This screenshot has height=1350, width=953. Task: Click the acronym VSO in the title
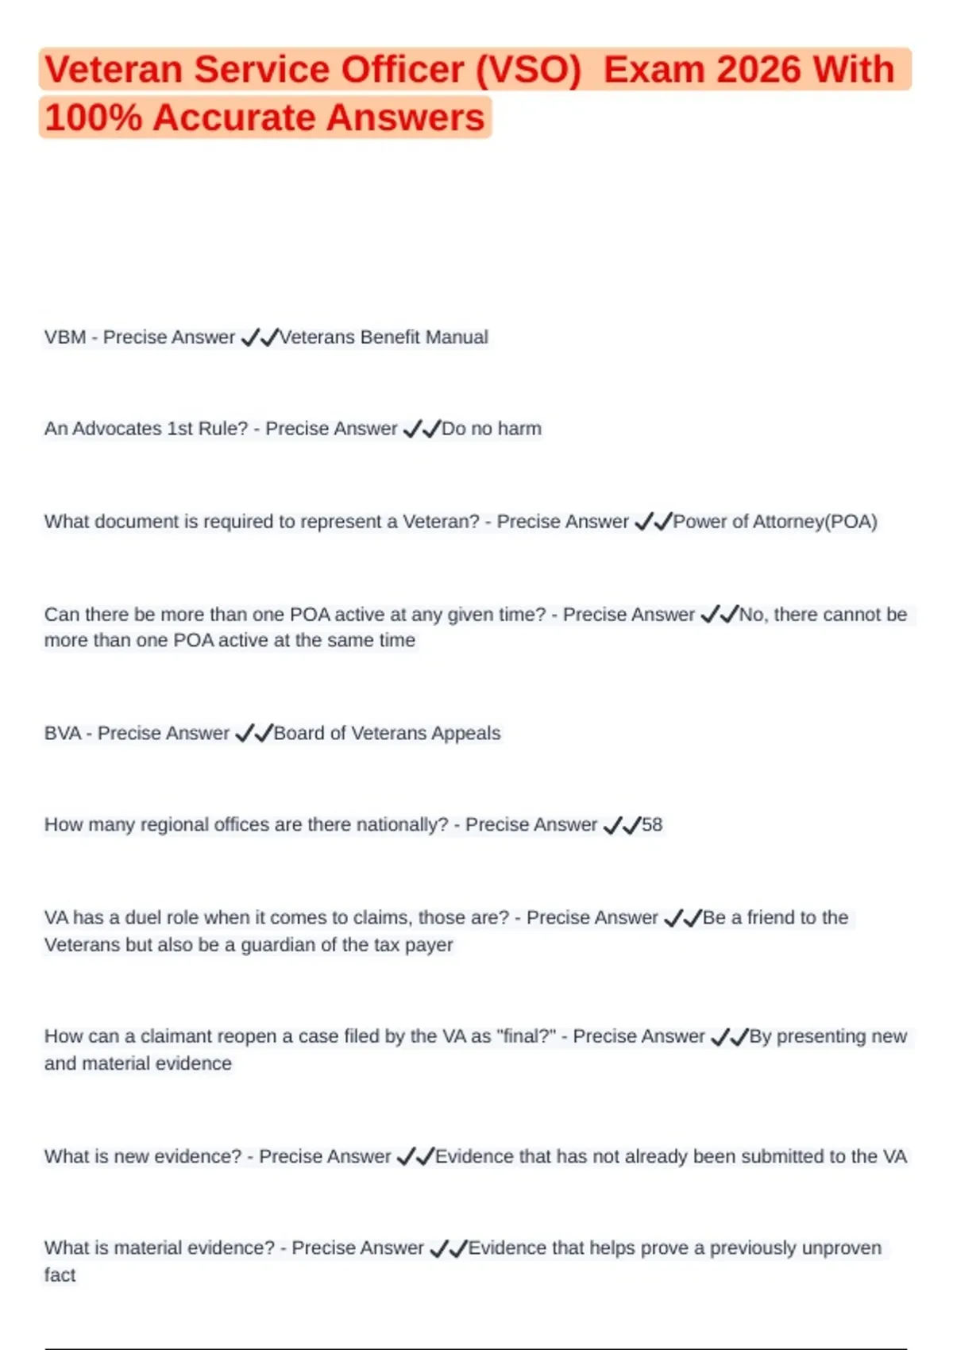(529, 70)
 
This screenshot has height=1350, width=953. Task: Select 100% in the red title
(93, 118)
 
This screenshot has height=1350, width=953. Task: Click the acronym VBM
(65, 337)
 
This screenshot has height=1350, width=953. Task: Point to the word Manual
(457, 337)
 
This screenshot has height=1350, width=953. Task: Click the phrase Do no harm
(492, 429)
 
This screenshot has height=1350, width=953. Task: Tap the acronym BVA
(63, 733)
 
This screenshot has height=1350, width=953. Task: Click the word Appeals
(466, 733)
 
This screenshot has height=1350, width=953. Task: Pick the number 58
(652, 825)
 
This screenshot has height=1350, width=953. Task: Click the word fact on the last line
(60, 1275)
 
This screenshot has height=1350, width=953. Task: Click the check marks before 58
(622, 826)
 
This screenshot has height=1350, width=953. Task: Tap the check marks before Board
(254, 734)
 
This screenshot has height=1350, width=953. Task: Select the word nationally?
(402, 825)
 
